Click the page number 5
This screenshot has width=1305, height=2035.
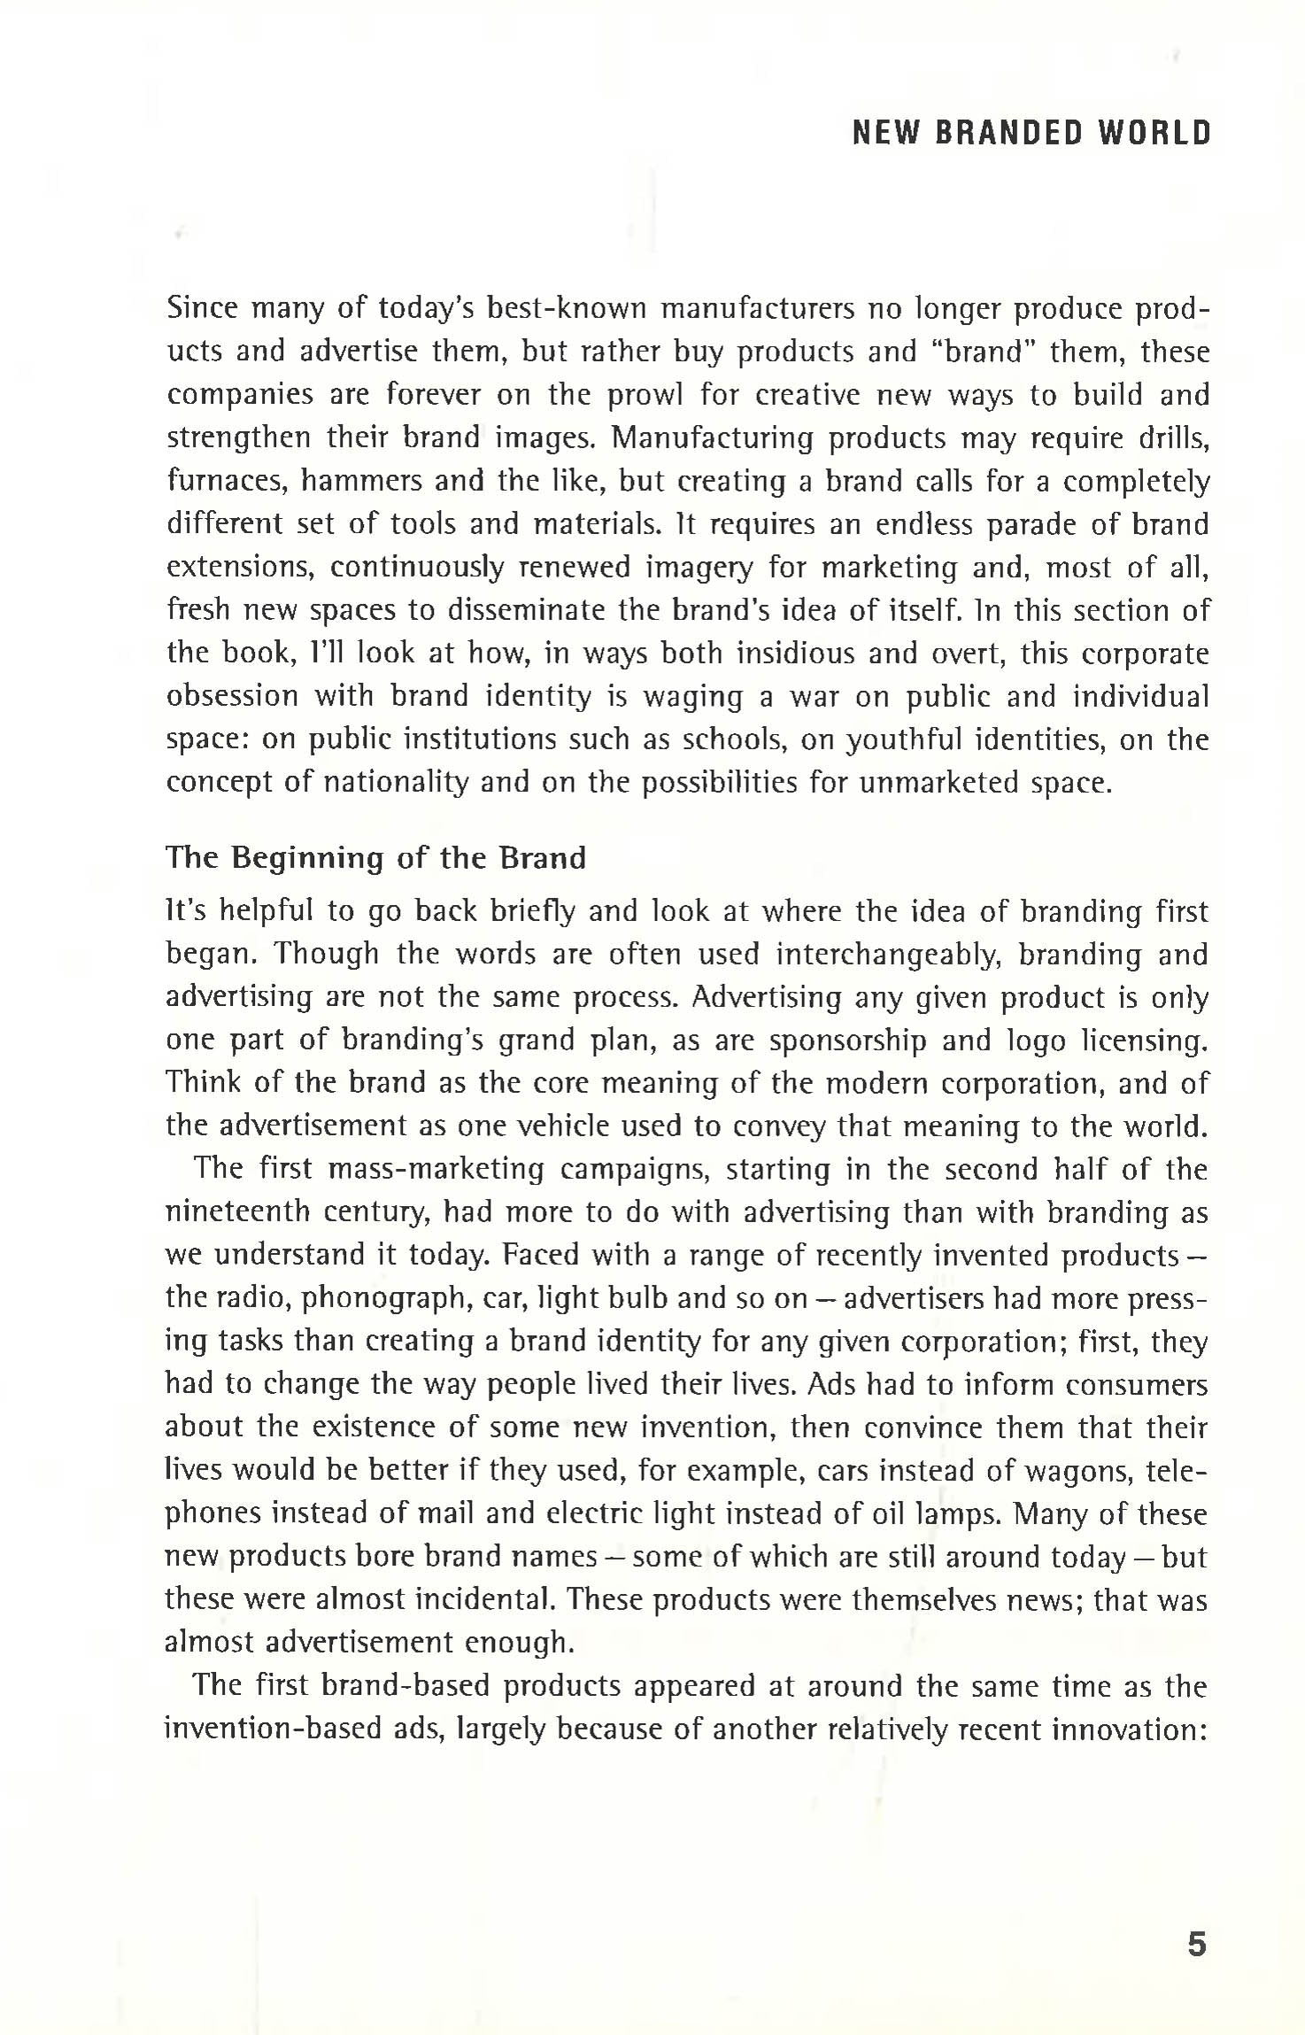[x=1196, y=1944]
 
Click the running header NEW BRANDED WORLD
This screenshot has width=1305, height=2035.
[x=1031, y=133]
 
